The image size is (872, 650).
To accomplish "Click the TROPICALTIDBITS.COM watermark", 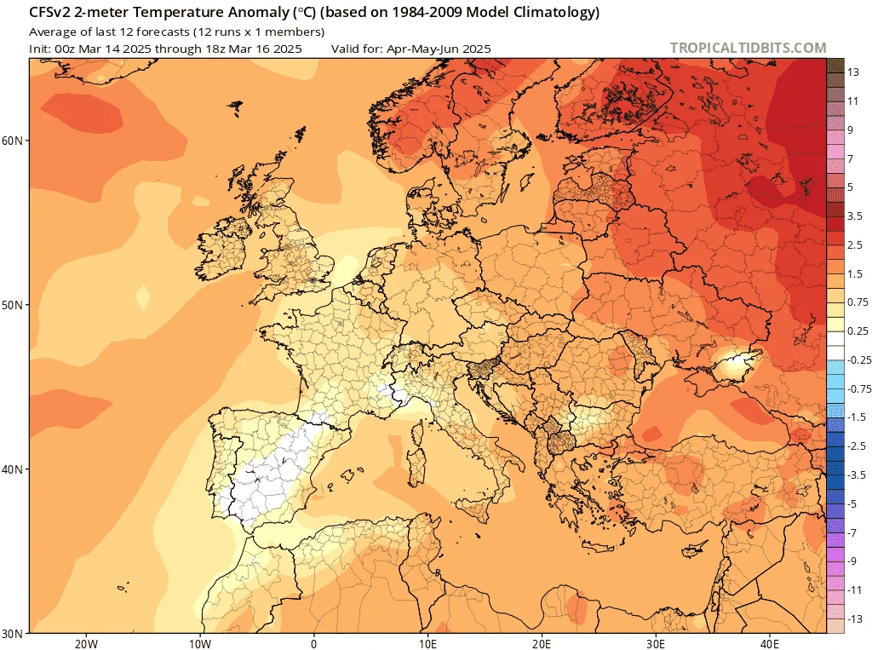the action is [748, 48].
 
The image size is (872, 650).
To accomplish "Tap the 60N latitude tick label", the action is [12, 141].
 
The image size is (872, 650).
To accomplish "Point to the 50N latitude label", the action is [12, 305].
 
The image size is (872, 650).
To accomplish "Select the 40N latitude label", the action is [12, 469].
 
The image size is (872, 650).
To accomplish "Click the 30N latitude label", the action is [12, 633].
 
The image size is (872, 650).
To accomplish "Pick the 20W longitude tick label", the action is [86, 644].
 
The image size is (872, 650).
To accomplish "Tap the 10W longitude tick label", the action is [200, 644].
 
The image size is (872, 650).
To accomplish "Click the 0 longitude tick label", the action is [314, 644].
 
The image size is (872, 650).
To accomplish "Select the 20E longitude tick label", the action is [542, 644].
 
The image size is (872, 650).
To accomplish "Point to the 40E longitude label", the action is [770, 644].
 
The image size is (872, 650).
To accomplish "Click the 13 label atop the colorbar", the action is [853, 72].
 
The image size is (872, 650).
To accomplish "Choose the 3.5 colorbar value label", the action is [855, 216].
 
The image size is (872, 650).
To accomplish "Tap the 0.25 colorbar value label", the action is [858, 331].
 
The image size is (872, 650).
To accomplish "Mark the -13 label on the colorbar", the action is [855, 618].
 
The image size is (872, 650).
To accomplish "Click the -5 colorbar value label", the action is [852, 503].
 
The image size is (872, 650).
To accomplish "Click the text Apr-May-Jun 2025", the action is [439, 49].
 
